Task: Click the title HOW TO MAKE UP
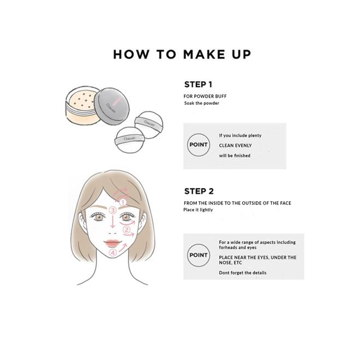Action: point(182,55)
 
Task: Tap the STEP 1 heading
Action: point(198,85)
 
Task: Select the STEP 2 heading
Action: point(198,191)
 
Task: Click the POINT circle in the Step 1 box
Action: point(197,145)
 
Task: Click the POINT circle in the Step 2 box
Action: point(197,255)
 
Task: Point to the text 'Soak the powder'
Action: point(201,103)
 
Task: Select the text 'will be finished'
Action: point(235,155)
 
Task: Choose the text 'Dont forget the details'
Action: point(243,273)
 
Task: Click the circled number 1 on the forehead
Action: point(123,202)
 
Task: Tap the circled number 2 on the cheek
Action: point(127,230)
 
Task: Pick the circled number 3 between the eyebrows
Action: point(113,210)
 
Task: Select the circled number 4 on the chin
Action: point(113,253)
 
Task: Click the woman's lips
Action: point(113,242)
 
